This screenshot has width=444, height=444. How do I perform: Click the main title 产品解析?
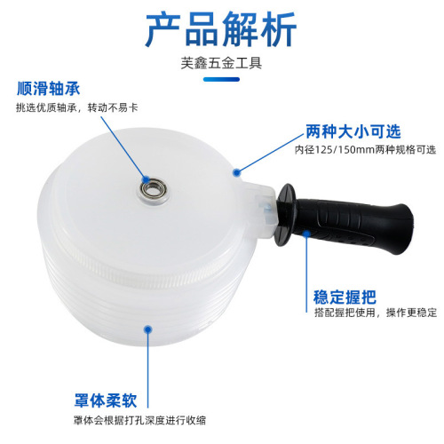pos(221,28)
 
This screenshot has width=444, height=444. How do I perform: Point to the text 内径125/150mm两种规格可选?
pos(365,150)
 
